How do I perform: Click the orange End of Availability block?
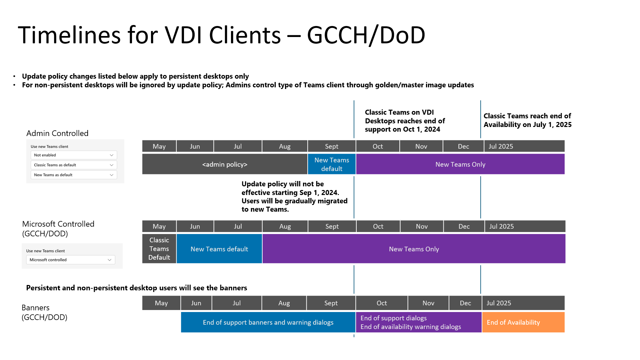click(x=523, y=322)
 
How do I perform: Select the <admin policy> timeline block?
click(x=225, y=164)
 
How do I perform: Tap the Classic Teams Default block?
click(x=159, y=249)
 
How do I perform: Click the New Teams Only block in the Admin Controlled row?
click(x=460, y=164)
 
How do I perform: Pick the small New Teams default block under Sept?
click(x=332, y=164)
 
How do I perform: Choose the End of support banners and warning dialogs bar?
click(x=268, y=322)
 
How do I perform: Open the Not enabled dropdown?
click(x=74, y=155)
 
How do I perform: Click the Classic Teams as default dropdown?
click(x=74, y=165)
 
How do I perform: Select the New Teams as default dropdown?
click(x=74, y=175)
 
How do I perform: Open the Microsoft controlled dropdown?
click(x=71, y=260)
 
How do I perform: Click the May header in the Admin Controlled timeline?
click(x=159, y=146)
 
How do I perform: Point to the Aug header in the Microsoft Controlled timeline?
click(x=285, y=226)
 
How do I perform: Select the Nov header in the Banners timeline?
click(x=428, y=303)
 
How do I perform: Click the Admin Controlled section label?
click(x=57, y=133)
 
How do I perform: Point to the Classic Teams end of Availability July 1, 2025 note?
click(x=527, y=120)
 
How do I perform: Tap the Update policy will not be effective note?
click(x=294, y=197)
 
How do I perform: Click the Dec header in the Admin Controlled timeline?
click(x=463, y=146)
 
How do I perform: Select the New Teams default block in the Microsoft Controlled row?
click(x=219, y=249)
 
